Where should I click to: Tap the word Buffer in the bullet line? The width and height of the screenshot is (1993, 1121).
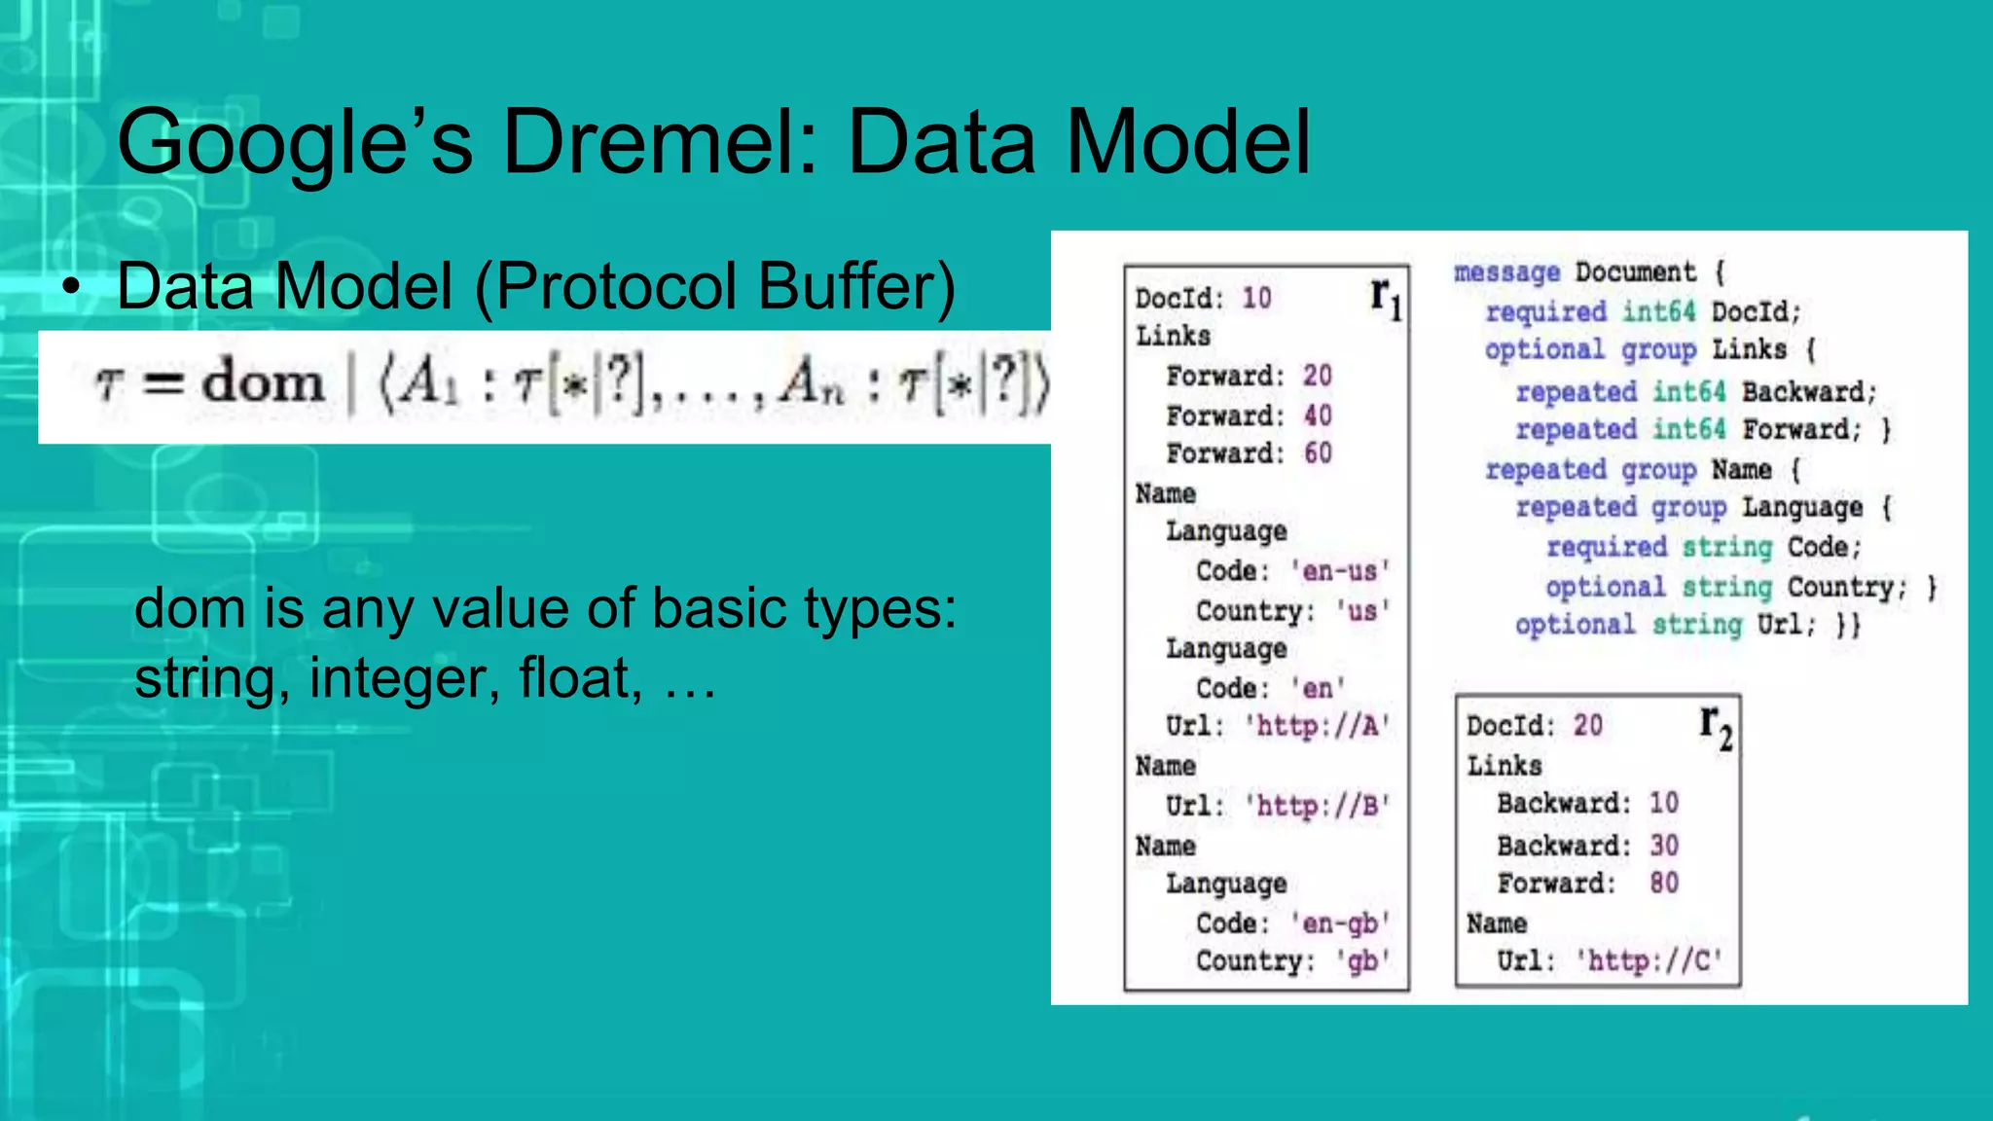856,286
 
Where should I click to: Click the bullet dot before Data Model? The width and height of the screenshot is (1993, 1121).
70,288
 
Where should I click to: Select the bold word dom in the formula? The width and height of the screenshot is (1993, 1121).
263,382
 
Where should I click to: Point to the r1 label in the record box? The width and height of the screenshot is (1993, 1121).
1386,296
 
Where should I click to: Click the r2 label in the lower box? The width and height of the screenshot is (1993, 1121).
1716,726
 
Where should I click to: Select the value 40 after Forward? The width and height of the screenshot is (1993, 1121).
1318,416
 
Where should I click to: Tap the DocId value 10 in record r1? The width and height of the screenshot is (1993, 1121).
1256,298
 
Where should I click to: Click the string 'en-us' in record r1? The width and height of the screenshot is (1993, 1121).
1340,571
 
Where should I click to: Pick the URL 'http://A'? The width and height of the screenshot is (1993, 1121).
1318,726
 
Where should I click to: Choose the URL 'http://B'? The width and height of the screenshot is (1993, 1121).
1318,806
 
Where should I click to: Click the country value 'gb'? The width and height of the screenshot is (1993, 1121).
1362,961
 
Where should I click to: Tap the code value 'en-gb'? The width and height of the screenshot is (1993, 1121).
1340,922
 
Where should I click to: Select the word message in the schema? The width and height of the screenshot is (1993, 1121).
1506,272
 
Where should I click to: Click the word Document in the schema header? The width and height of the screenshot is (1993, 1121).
1635,271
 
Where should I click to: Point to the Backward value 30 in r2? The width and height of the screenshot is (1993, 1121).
1664,845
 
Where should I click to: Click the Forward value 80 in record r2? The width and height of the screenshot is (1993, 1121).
1664,883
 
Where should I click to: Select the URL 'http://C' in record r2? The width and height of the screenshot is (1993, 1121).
1649,961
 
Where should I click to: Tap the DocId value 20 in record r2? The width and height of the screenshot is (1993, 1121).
1588,726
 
